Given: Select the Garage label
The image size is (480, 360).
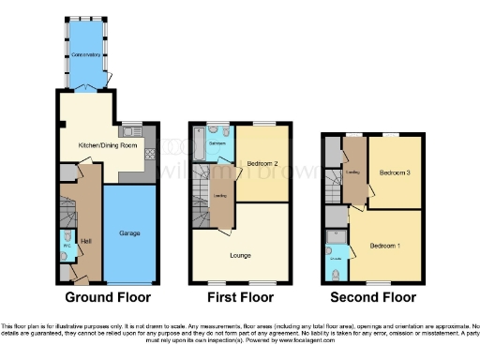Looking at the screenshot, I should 129,232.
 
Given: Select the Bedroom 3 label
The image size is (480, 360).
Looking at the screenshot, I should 394,172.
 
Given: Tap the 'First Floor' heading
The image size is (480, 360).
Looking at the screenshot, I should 240,298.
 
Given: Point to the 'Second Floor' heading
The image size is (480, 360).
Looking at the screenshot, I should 373,298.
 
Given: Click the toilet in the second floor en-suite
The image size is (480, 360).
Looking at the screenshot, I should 336,274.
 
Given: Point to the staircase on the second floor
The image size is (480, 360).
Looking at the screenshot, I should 332,185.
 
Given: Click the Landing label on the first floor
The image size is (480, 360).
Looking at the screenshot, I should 220,195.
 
